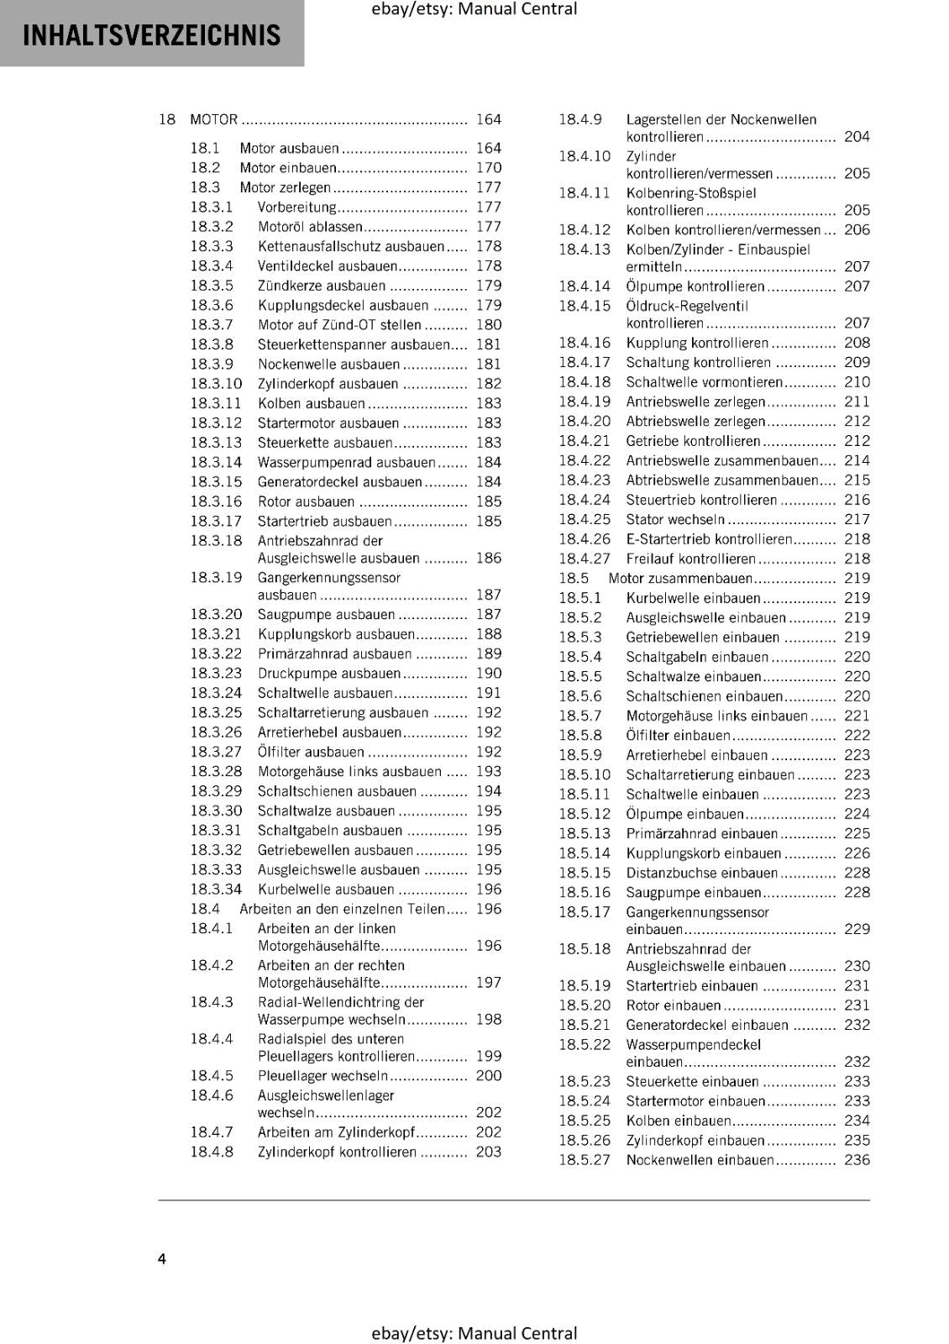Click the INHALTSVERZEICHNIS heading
[152, 35]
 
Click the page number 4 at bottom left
[162, 1258]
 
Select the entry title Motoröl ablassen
[309, 227]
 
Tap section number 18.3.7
[212, 325]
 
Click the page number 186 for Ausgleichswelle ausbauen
[488, 558]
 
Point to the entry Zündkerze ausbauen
[321, 286]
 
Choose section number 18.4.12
[585, 230]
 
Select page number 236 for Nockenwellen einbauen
[857, 1160]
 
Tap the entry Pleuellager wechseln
[322, 1076]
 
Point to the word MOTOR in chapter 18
[214, 119]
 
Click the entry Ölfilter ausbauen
[311, 752]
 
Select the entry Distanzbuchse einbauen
[701, 873]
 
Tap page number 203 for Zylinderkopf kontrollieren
[488, 1152]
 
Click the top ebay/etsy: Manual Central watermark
[474, 9]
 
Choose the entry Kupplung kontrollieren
[697, 343]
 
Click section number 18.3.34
[216, 890]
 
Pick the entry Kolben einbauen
[679, 1121]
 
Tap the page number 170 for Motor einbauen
[488, 168]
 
